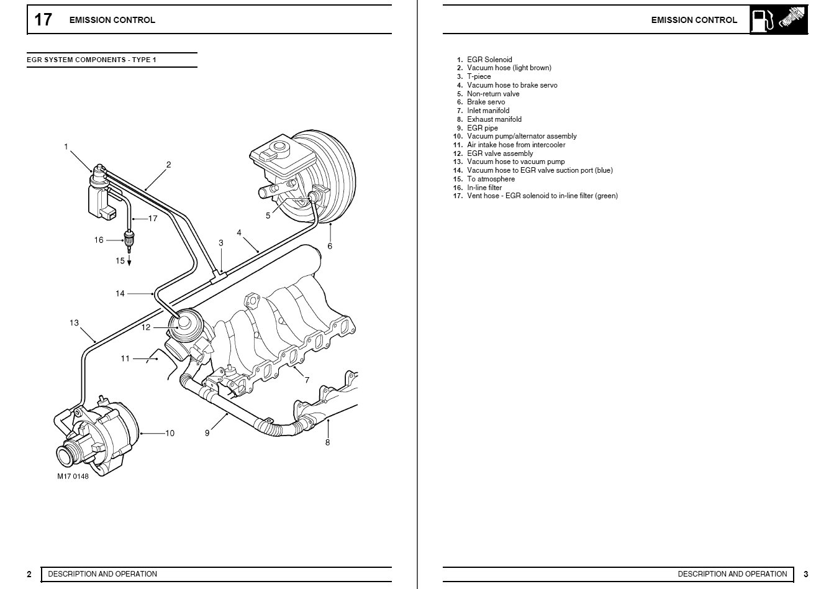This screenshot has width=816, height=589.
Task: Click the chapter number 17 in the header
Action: [43, 20]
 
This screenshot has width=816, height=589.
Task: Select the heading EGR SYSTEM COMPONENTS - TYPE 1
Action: [92, 60]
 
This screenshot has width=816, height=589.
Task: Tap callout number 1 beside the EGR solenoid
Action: [66, 147]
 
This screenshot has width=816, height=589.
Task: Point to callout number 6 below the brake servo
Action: [330, 246]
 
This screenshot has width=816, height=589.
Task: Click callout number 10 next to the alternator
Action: [170, 433]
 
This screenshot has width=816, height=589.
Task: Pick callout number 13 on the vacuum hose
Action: [75, 322]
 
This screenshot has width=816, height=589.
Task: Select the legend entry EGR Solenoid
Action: [489, 60]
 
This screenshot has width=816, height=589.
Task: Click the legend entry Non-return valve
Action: [493, 94]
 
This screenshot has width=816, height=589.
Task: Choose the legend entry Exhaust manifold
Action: [494, 119]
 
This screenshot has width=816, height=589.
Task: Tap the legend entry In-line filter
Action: [484, 188]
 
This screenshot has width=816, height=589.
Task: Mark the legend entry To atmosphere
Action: [491, 179]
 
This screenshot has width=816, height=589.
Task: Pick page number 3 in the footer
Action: [806, 574]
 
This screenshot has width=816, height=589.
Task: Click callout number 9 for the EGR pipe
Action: [207, 433]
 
